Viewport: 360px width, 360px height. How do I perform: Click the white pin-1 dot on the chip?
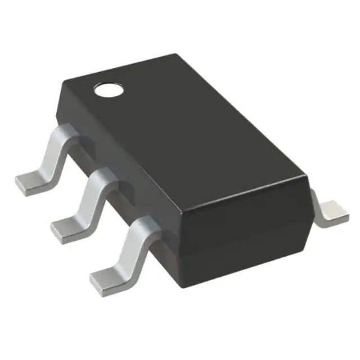108,90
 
